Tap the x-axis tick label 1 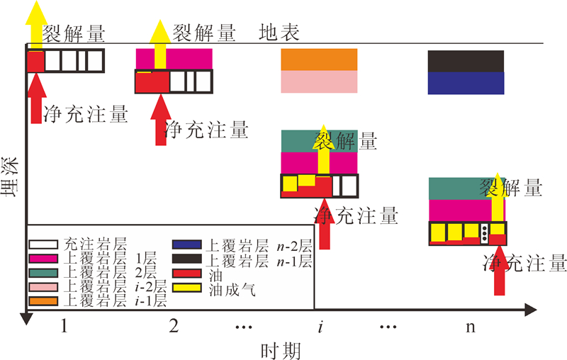tap(64, 327)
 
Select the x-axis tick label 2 tap(174, 327)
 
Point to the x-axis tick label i tap(320, 327)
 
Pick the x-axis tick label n tap(470, 327)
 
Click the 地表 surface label tap(279, 33)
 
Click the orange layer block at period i tap(319, 60)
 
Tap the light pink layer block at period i tap(319, 82)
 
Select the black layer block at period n tap(466, 62)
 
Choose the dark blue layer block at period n tap(466, 83)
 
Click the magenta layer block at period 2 tap(174, 59)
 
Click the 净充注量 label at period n tap(524, 264)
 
